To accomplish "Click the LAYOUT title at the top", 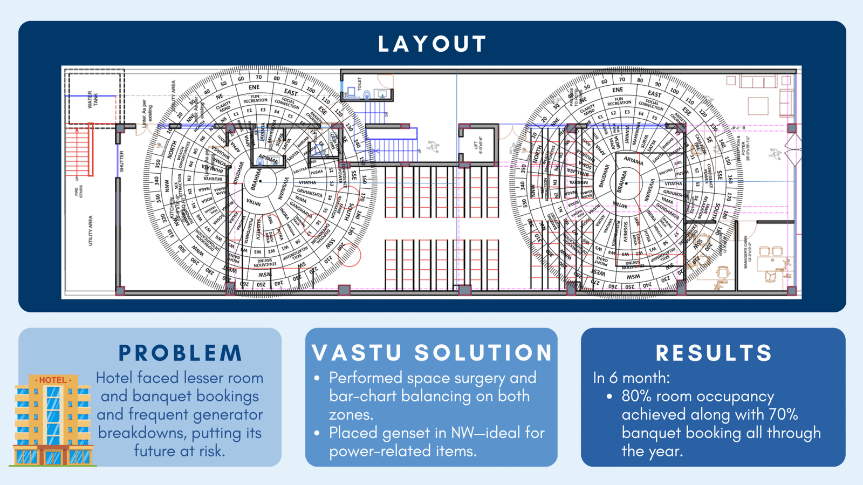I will click(x=432, y=44).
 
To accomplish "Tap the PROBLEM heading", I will click(x=180, y=353).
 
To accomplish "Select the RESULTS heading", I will click(x=714, y=353).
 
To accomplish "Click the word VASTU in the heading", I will click(x=357, y=353).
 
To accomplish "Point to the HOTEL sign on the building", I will click(x=52, y=380).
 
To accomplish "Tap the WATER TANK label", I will click(x=93, y=99).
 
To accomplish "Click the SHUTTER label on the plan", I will click(x=122, y=161).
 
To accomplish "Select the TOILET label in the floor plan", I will click(x=359, y=83).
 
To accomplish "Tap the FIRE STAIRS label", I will click(x=79, y=192).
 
